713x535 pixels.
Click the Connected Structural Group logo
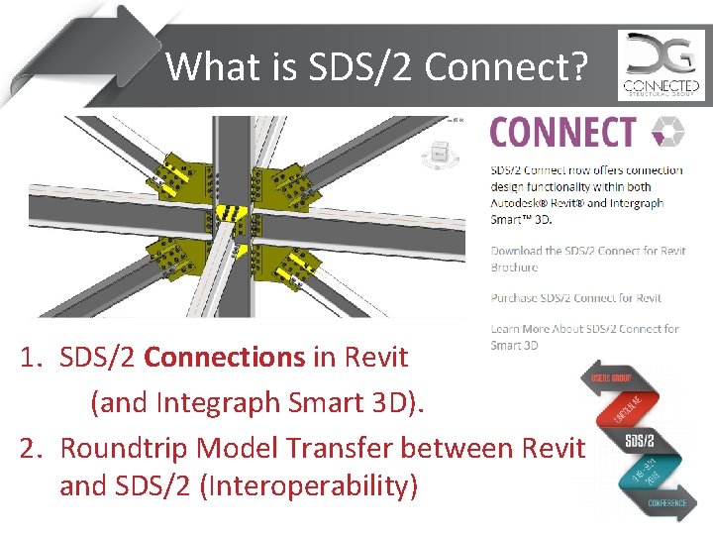pyautogui.click(x=661, y=65)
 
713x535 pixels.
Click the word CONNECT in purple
pyautogui.click(x=562, y=132)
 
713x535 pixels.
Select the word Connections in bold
pyautogui.click(x=225, y=357)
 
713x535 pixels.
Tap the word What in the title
pyautogui.click(x=203, y=66)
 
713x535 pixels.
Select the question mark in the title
pyautogui.click(x=578, y=66)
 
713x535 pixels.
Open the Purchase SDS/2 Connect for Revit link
pyautogui.click(x=576, y=297)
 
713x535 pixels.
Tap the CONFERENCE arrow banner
pyautogui.click(x=653, y=502)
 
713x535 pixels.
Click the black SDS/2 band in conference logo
pyautogui.click(x=639, y=439)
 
